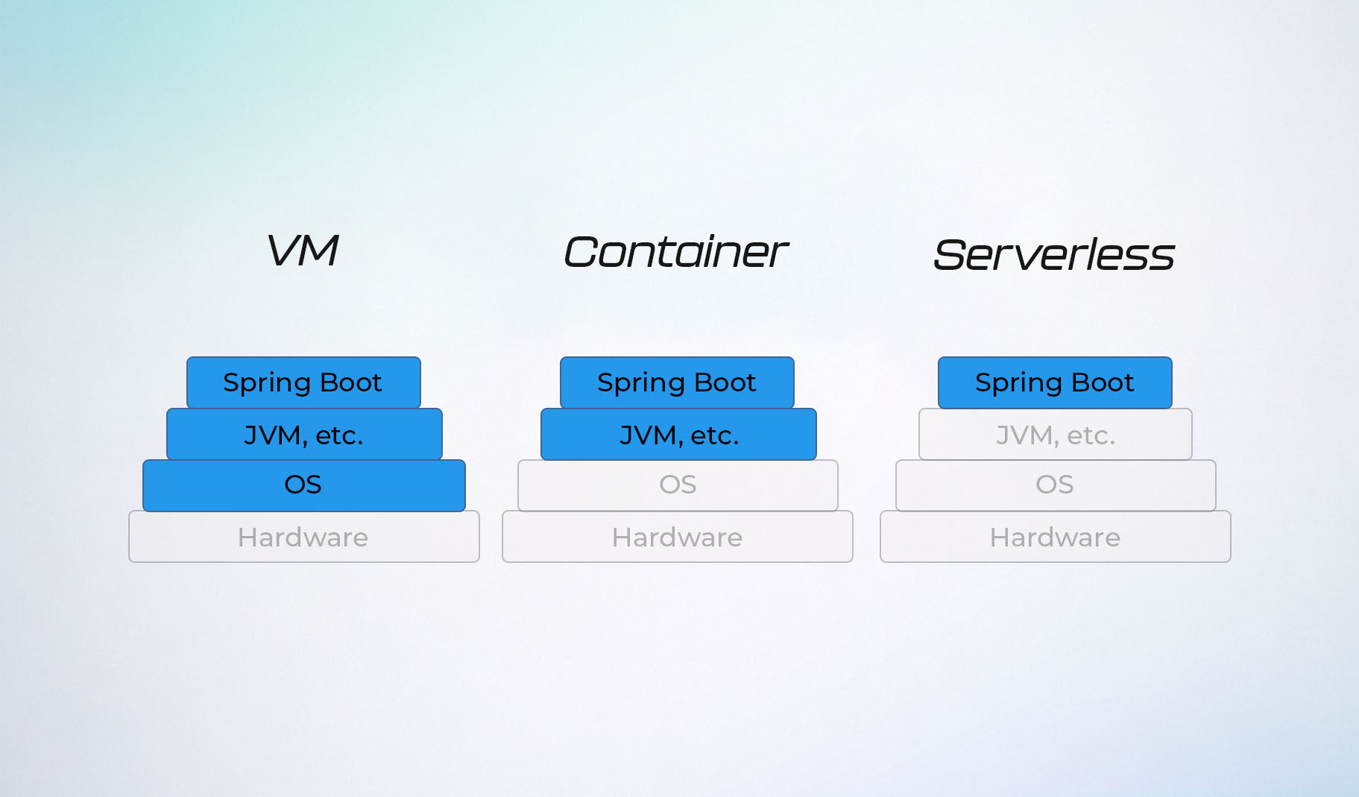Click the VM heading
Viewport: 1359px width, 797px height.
pyautogui.click(x=303, y=250)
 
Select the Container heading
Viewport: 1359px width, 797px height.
pyautogui.click(x=675, y=251)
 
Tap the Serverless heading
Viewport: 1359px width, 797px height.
pyautogui.click(x=1053, y=254)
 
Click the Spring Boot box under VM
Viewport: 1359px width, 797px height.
pyautogui.click(x=303, y=382)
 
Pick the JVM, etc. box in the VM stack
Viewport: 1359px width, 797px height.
pyautogui.click(x=304, y=434)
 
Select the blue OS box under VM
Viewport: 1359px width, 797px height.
pyautogui.click(x=304, y=485)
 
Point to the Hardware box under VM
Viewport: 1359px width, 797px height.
pyautogui.click(x=304, y=537)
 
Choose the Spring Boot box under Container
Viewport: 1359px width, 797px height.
pyautogui.click(x=677, y=382)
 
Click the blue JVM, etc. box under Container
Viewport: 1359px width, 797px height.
pyautogui.click(x=678, y=434)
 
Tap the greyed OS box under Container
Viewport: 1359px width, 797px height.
pyautogui.click(x=678, y=485)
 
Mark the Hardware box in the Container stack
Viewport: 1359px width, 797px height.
pyautogui.click(x=678, y=537)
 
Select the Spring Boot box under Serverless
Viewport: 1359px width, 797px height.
pyautogui.click(x=1055, y=382)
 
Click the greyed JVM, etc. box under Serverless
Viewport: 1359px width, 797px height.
pyautogui.click(x=1056, y=434)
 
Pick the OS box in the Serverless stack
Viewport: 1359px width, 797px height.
pyautogui.click(x=1056, y=485)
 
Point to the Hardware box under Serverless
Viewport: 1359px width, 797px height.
pyautogui.click(x=1056, y=537)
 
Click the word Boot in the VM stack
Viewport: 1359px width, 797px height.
pyautogui.click(x=350, y=382)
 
